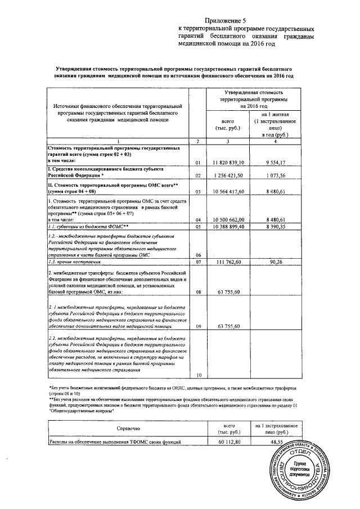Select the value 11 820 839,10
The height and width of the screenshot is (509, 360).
point(227,163)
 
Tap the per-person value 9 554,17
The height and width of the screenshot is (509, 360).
point(274,163)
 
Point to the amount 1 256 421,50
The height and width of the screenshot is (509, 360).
point(228,176)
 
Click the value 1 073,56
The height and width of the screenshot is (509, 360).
point(274,176)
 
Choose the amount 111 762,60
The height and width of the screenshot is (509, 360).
point(228,262)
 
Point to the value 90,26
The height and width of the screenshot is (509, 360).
point(274,262)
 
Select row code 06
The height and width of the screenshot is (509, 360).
point(197,255)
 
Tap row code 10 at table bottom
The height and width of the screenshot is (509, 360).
point(197,375)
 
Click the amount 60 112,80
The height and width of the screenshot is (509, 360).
point(229,443)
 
